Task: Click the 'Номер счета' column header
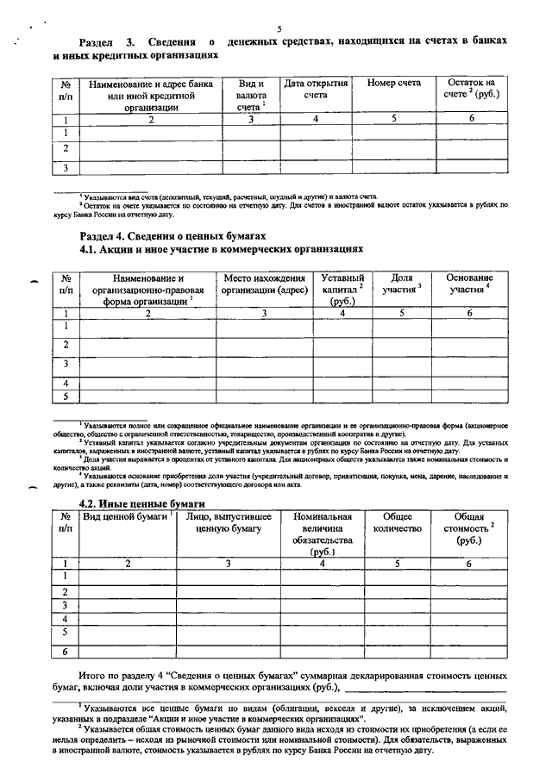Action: click(393, 84)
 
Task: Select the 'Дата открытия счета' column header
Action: click(316, 90)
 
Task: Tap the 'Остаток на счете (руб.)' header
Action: click(472, 89)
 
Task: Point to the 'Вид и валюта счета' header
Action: click(251, 95)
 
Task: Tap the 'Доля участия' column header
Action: click(402, 284)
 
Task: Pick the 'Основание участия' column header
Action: click(471, 284)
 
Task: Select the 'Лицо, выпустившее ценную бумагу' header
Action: click(228, 522)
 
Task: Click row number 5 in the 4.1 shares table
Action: click(66, 396)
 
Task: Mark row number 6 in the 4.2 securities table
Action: click(66, 652)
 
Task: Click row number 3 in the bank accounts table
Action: click(66, 167)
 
